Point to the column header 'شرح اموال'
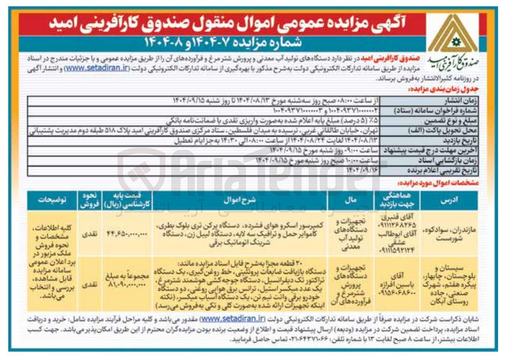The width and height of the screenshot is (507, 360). click(x=240, y=200)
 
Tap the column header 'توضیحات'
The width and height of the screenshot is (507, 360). click(x=52, y=200)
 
